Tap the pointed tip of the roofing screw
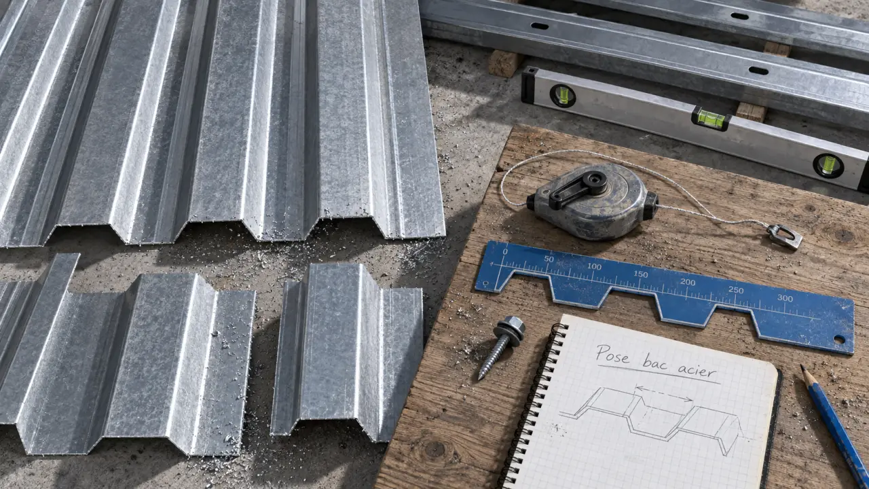[x=480, y=378]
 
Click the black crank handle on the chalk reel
[x=577, y=189]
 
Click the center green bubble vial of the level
[x=711, y=119]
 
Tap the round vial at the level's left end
[x=562, y=95]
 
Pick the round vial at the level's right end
[x=828, y=165]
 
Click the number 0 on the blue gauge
[x=504, y=251]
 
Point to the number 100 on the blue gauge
[x=594, y=266]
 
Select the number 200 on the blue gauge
[x=688, y=282]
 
